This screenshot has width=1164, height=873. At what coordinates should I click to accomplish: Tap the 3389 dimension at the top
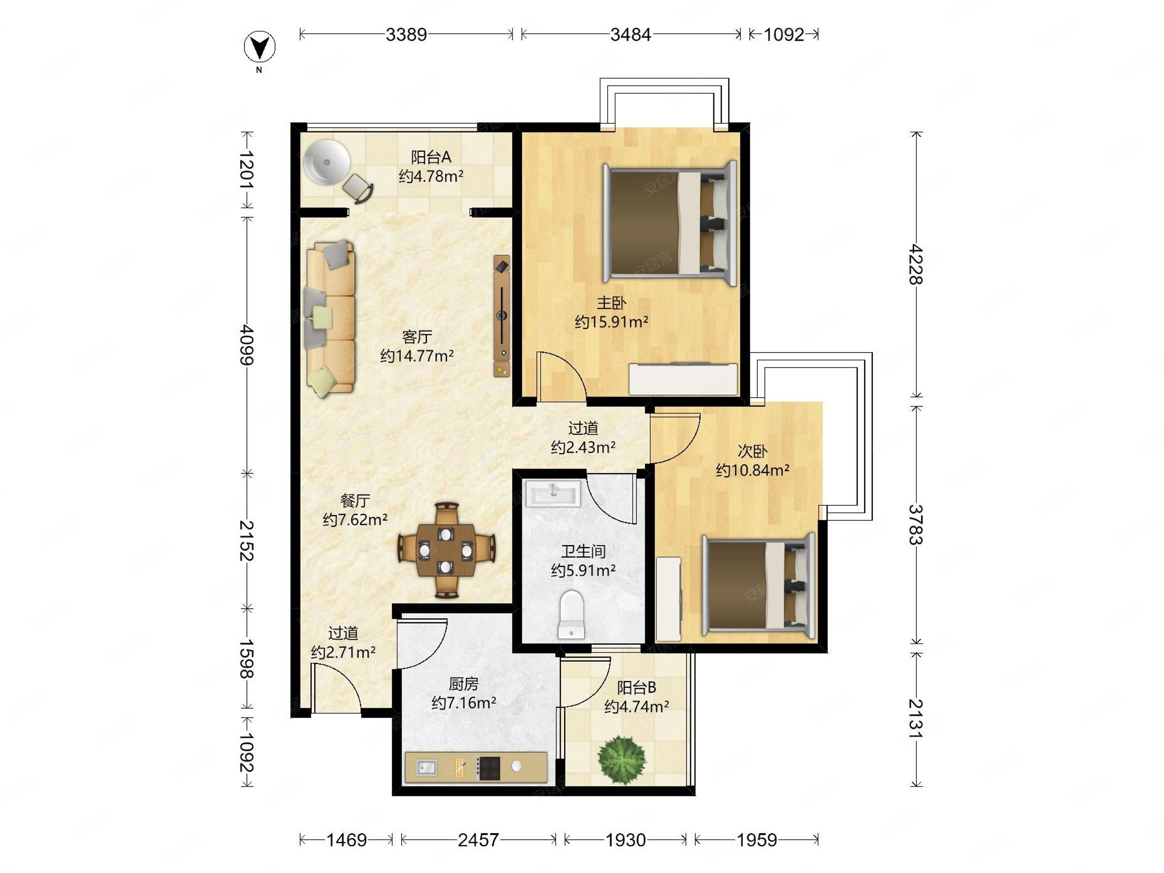406,35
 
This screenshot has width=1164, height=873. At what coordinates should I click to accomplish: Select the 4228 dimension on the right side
916,264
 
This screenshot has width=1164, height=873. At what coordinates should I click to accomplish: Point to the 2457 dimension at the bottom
478,840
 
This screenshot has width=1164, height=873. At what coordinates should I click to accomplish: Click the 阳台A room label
431,157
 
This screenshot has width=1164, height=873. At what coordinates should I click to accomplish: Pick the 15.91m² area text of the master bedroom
612,322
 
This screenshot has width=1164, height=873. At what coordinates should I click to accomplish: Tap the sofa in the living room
330,318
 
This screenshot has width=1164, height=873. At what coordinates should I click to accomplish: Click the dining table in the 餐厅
446,550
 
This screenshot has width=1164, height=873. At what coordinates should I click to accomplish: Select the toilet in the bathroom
571,614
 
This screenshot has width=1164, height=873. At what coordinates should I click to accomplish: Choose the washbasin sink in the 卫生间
553,494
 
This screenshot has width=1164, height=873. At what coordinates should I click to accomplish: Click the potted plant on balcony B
622,760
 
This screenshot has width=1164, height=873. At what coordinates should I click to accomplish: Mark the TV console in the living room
502,316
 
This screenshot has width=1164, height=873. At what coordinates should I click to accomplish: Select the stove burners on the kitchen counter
488,768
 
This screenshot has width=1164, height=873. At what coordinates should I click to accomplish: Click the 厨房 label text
464,683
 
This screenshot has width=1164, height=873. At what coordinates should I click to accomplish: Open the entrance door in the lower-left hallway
336,688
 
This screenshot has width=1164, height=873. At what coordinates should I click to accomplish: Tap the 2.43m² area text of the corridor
583,447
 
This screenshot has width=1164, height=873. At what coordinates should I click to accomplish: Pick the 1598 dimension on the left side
247,659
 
